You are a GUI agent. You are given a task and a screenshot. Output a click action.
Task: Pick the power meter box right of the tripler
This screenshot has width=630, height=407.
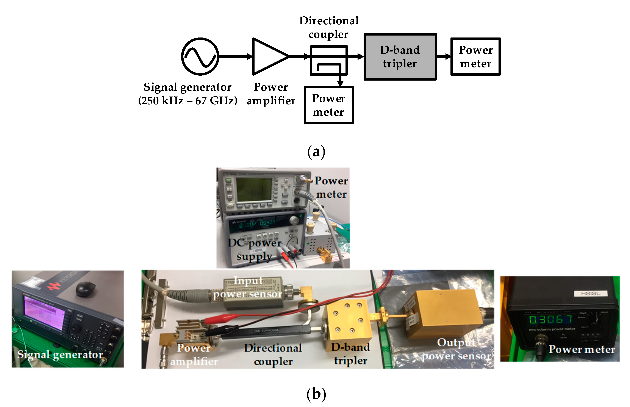click(475, 56)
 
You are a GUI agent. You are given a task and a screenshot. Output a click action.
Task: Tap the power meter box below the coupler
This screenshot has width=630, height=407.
click(329, 105)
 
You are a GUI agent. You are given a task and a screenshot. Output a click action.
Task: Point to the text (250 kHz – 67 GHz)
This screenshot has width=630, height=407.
click(188, 101)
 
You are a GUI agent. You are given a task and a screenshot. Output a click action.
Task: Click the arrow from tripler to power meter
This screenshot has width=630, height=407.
click(443, 56)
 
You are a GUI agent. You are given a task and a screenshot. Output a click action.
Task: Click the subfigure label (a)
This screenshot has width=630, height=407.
click(316, 152)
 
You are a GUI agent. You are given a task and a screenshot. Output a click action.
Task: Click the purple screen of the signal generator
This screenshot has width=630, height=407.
click(44, 313)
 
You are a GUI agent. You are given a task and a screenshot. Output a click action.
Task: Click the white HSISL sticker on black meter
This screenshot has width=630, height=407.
click(590, 293)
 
